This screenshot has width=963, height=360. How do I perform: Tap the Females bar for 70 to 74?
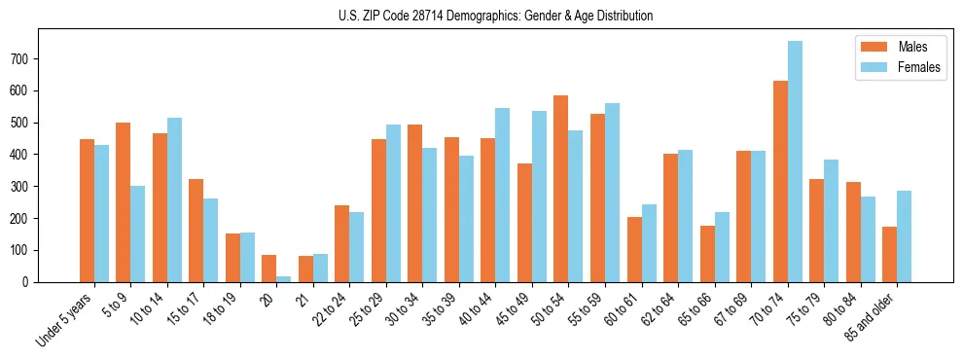[x=795, y=162]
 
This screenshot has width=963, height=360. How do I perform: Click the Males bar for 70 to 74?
[x=780, y=181]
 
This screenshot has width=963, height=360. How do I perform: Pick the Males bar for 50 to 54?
[x=561, y=189]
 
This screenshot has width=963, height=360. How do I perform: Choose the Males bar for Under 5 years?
[x=87, y=210]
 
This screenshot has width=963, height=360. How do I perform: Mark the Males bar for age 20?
[x=269, y=269]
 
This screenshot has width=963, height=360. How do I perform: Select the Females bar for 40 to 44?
[x=503, y=195]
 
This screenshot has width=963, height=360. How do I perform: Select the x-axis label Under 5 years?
[x=64, y=320]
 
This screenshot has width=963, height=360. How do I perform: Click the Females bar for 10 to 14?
[x=174, y=199]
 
